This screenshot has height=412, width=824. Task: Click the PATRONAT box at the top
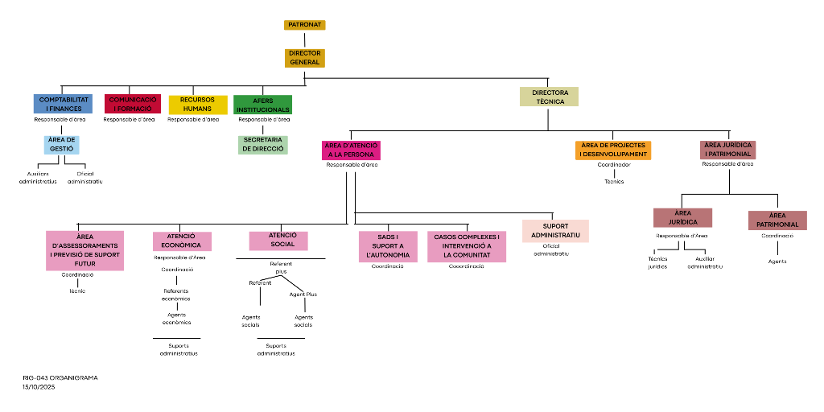304,25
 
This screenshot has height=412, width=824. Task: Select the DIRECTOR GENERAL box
304,58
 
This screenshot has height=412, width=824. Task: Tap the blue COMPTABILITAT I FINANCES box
63,104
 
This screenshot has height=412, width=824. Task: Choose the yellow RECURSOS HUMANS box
197,105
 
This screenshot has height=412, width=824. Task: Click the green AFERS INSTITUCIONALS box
262,105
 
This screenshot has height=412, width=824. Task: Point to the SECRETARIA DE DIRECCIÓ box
262,144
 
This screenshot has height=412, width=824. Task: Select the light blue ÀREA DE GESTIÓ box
62,145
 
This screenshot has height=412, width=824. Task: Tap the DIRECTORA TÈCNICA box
549,97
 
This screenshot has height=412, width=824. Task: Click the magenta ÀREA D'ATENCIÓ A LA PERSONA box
351,150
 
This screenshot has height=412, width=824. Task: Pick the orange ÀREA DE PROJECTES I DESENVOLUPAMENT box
613,150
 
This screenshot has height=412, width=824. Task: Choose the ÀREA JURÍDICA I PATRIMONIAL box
727,150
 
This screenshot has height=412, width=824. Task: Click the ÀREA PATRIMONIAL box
777,220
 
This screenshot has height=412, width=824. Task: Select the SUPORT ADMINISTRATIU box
555,231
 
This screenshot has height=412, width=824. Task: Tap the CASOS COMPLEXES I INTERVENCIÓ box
467,246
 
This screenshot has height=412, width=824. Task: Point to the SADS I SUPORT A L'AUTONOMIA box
388,246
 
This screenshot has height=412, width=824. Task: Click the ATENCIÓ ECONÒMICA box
182,241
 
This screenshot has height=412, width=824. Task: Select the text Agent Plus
303,295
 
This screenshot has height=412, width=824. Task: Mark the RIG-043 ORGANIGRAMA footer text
60,377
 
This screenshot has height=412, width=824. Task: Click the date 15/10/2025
38,387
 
